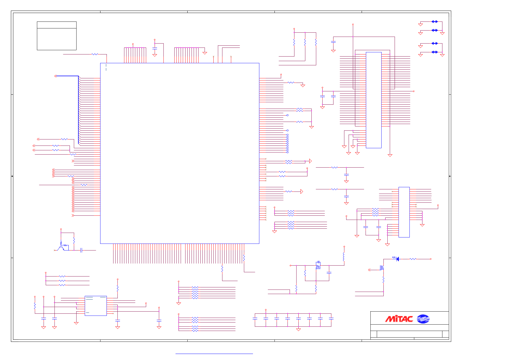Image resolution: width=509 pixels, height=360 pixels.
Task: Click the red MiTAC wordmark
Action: (399, 319)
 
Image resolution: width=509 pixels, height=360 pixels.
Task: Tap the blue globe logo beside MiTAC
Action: (423, 319)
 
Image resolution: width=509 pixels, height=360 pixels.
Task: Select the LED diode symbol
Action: (397, 259)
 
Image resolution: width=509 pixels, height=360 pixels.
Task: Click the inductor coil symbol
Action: (344, 257)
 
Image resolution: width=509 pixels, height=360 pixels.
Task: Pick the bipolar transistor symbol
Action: (61, 248)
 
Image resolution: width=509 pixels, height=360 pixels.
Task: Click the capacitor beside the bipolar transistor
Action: (81, 250)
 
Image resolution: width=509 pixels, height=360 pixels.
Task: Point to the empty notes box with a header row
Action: (57, 36)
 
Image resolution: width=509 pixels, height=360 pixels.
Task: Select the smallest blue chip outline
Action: (96, 306)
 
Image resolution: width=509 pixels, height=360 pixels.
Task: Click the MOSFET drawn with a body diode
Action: (318, 265)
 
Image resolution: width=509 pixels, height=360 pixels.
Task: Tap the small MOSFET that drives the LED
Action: (382, 268)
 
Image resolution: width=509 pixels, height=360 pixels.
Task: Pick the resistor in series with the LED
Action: (413, 259)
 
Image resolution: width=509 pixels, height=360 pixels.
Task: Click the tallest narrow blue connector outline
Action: (373, 100)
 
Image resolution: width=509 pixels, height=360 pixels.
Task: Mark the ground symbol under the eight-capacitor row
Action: (298, 329)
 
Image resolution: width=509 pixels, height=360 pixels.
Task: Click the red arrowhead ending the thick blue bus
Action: (55, 76)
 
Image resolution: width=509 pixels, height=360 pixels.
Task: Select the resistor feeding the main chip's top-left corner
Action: (95, 54)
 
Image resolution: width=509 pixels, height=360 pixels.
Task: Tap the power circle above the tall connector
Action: (353, 24)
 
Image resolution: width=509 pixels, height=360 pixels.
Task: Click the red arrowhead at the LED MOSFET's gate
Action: (369, 270)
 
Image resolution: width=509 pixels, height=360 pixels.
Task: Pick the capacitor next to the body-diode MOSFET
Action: (329, 273)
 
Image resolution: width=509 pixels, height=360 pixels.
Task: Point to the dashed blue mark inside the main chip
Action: (106, 67)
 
